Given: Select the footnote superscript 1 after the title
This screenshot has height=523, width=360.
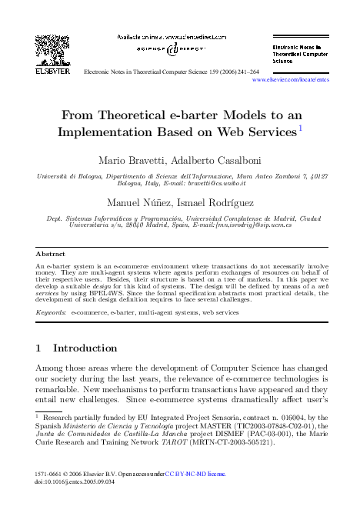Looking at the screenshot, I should (299, 127).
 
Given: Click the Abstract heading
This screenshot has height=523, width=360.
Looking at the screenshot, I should (50, 253).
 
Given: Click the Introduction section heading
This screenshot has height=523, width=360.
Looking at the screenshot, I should (84, 348).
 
